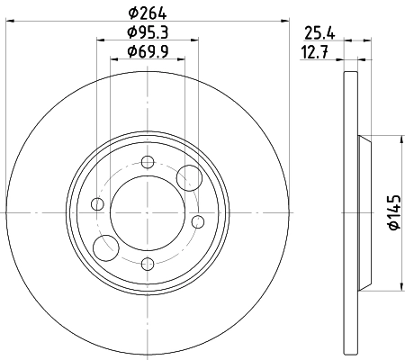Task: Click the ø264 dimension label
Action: click(x=148, y=12)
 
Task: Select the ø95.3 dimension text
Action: click(x=148, y=35)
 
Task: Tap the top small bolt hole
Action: click(x=148, y=162)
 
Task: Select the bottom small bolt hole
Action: click(x=148, y=265)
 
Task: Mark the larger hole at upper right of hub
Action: click(x=189, y=177)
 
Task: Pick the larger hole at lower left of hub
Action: click(x=106, y=245)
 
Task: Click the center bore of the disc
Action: click(x=148, y=213)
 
